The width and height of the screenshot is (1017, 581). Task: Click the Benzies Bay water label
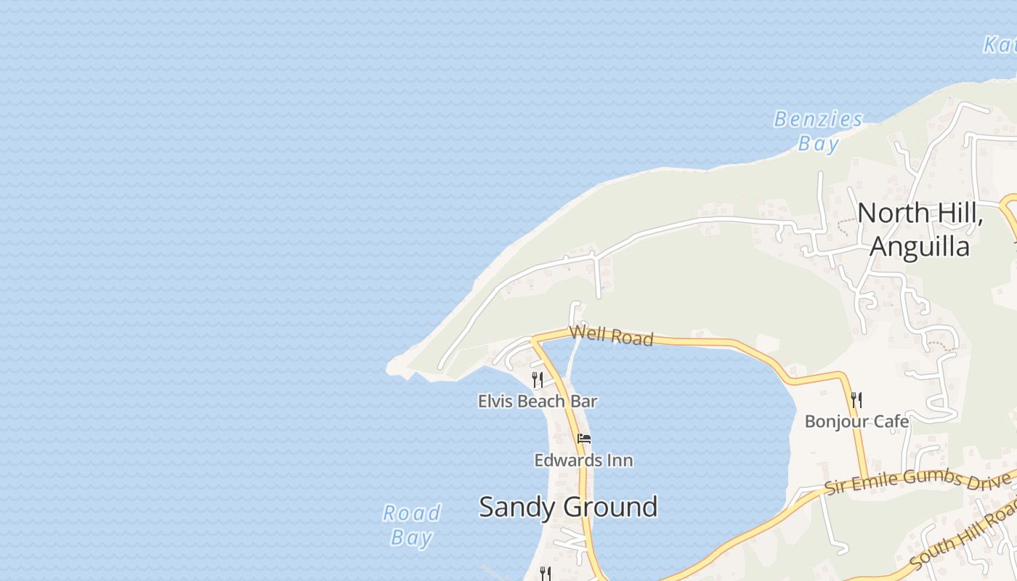click(818, 131)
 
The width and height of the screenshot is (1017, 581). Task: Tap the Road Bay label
click(412, 525)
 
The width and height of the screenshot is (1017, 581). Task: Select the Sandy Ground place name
click(568, 506)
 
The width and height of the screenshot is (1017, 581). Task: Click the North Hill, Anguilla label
click(920, 229)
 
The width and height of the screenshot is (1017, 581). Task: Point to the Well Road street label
click(612, 336)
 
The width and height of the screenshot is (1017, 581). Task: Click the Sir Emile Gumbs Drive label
click(917, 480)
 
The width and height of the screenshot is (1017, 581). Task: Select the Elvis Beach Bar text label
click(538, 401)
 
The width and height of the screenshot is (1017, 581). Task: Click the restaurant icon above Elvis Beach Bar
click(538, 379)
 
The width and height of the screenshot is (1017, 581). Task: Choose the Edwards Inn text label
click(583, 460)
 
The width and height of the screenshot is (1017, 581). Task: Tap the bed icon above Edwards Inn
click(583, 439)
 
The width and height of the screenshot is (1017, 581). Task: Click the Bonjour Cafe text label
click(856, 421)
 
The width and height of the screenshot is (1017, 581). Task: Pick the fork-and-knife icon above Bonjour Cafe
click(856, 399)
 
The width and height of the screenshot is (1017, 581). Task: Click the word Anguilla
click(920, 247)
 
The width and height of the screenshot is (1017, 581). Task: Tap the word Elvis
click(494, 401)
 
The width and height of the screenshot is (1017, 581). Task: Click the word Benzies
click(818, 119)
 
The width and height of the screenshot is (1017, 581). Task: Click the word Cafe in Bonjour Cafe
click(891, 421)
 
